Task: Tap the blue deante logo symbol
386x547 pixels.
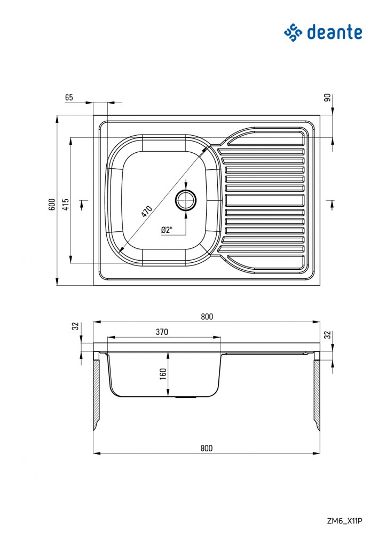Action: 293,33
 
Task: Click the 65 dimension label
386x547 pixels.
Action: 69,97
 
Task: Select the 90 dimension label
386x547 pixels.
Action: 327,98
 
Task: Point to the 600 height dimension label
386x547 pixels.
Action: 52,205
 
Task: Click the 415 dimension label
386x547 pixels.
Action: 65,205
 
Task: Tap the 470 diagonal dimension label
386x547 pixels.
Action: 147,212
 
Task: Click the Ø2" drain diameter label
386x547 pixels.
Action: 167,230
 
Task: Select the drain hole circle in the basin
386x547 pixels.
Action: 185,200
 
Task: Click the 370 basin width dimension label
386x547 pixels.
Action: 162,332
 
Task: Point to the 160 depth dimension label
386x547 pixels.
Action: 163,374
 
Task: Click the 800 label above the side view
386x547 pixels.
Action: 207,316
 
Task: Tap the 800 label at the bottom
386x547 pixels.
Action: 207,448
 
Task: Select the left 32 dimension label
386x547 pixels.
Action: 75,326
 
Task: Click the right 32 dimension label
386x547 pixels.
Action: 327,335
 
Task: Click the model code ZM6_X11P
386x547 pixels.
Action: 345,521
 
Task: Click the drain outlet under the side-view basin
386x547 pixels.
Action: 185,397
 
